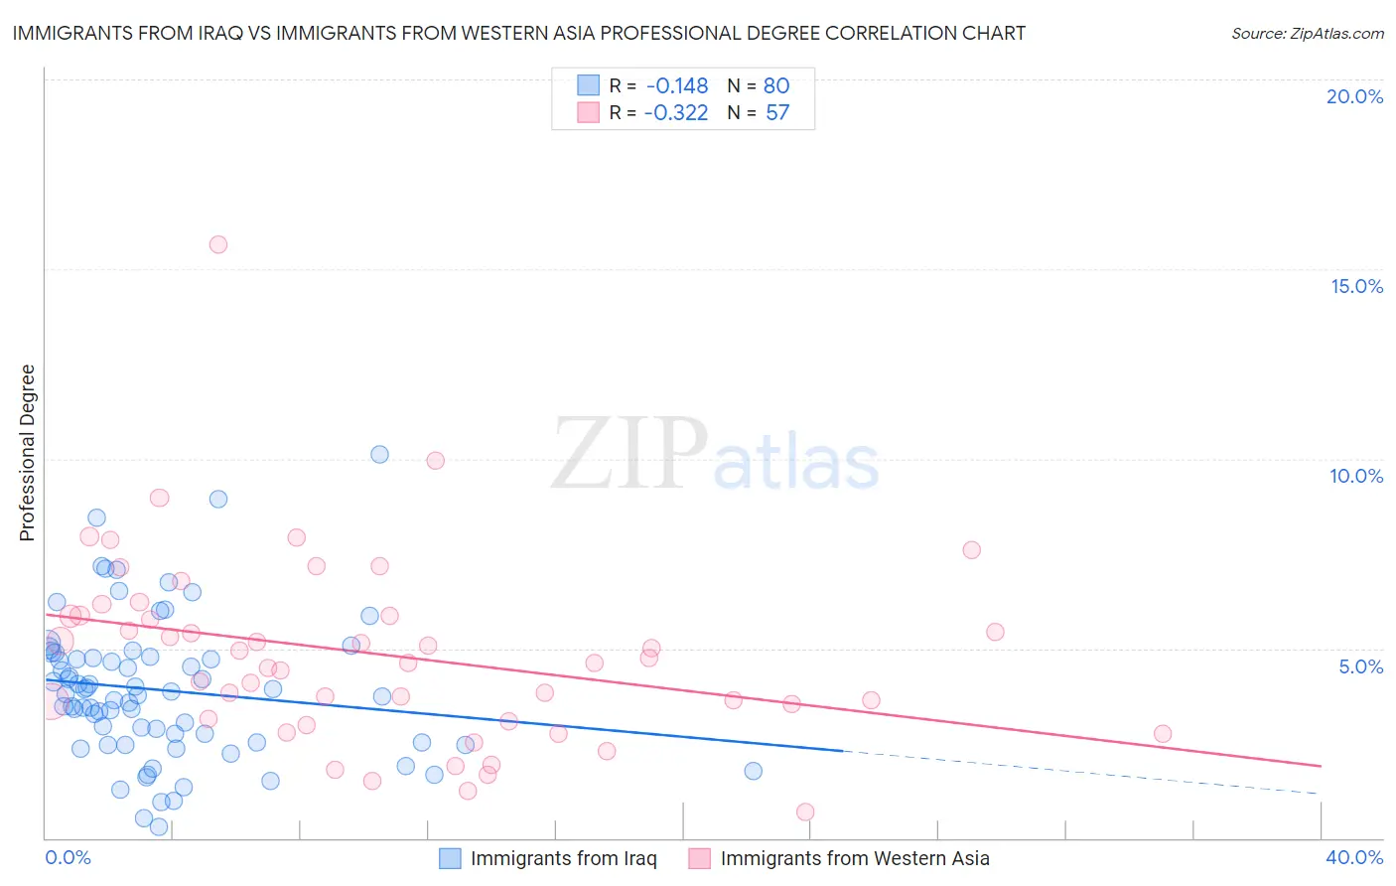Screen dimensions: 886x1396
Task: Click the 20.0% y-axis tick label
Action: pyautogui.click(x=1354, y=96)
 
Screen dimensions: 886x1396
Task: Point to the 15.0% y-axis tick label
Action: pyautogui.click(x=1356, y=286)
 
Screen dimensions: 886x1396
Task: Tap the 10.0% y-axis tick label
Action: pyautogui.click(x=1356, y=476)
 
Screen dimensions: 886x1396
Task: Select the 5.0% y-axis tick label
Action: pyautogui.click(x=1360, y=666)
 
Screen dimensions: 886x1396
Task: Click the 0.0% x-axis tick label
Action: pyautogui.click(x=68, y=857)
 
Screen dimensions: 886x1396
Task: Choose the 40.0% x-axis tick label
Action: pyautogui.click(x=1354, y=857)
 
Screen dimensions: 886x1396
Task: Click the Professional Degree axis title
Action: pyautogui.click(x=27, y=453)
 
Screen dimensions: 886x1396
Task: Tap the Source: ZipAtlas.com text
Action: pyautogui.click(x=1307, y=33)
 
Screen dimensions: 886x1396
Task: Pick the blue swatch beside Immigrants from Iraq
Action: pyautogui.click(x=450, y=858)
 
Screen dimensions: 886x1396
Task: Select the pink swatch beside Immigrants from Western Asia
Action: pyautogui.click(x=700, y=858)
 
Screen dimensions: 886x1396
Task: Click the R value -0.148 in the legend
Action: pyautogui.click(x=677, y=85)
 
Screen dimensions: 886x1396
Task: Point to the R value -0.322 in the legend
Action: pyautogui.click(x=676, y=112)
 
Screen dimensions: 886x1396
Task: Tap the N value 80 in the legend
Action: pyautogui.click(x=776, y=85)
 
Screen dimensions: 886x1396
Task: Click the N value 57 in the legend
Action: pyautogui.click(x=777, y=112)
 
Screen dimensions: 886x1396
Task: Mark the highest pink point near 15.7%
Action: pyautogui.click(x=218, y=244)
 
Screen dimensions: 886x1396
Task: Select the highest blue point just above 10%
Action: pyautogui.click(x=379, y=454)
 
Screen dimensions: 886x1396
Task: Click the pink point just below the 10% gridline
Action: pyautogui.click(x=435, y=460)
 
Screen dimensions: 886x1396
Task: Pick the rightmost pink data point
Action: pyautogui.click(x=1163, y=734)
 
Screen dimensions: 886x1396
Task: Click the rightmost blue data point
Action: pyautogui.click(x=754, y=771)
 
